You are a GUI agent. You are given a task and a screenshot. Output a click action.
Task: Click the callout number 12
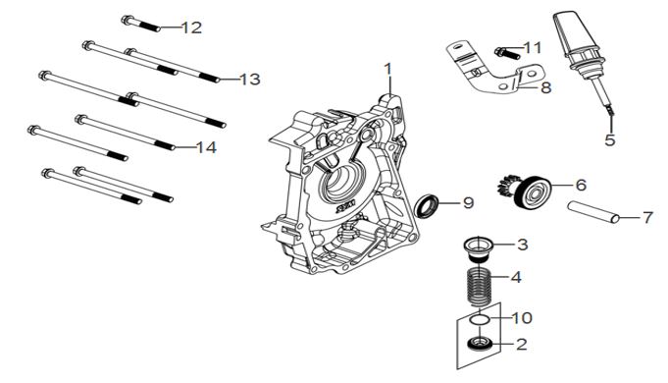[x=191, y=27]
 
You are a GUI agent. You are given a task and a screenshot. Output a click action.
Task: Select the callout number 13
[x=250, y=80]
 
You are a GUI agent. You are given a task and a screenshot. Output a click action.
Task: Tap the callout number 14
[x=206, y=147]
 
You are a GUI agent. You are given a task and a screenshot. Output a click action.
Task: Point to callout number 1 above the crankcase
[x=387, y=69]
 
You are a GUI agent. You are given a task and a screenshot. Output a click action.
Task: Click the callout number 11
[x=532, y=48]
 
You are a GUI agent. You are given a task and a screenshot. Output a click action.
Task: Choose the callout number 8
[x=546, y=87]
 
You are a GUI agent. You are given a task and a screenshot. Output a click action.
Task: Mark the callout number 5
[x=610, y=139]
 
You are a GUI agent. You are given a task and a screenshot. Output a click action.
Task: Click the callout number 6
[x=581, y=185]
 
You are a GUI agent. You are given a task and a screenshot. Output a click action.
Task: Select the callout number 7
[x=647, y=217]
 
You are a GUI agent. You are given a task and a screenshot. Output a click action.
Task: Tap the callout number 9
[x=468, y=202]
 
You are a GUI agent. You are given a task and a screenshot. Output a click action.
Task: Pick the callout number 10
[x=522, y=318]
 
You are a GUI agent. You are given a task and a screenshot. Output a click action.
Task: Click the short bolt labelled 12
[x=140, y=24]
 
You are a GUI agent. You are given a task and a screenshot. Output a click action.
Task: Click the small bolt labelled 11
[x=507, y=53]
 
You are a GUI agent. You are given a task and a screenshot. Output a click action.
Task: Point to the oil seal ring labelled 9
[x=427, y=205]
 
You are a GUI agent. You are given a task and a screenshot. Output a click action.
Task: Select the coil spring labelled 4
[x=480, y=286]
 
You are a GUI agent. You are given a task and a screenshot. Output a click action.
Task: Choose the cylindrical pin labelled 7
[x=593, y=212]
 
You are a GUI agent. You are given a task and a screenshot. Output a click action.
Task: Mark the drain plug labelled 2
[x=480, y=343]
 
